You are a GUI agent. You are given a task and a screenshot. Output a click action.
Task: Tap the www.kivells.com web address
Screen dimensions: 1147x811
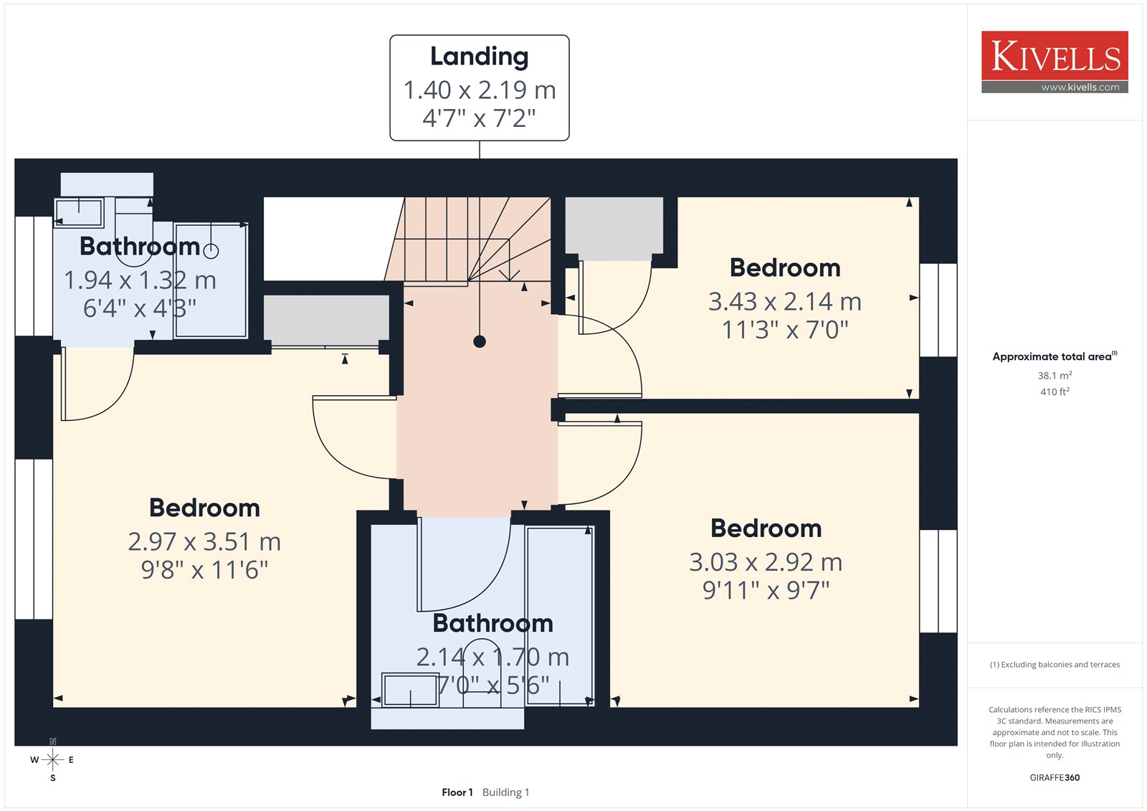click(x=1080, y=87)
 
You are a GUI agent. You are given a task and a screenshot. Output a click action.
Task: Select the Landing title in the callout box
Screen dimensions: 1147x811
click(x=480, y=57)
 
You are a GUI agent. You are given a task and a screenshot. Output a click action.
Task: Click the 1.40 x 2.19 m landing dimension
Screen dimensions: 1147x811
click(x=480, y=90)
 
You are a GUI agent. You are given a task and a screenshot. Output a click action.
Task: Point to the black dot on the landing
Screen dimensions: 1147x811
click(x=480, y=341)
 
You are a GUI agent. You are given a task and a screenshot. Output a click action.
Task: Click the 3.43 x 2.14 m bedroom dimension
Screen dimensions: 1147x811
click(x=784, y=301)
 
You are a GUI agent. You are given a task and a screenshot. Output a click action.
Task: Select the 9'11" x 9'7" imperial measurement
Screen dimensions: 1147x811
click(x=766, y=590)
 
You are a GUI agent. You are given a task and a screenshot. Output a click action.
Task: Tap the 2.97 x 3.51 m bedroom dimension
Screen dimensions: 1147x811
click(x=204, y=541)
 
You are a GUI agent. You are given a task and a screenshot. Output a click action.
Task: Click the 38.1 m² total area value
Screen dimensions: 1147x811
click(x=1055, y=375)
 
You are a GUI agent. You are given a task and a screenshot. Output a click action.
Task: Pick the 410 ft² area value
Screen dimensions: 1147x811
click(x=1055, y=392)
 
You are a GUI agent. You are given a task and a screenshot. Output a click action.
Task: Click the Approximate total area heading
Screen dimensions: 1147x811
click(x=1055, y=356)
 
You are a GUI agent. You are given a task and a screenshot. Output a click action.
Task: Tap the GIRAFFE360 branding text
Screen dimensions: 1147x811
click(x=1055, y=777)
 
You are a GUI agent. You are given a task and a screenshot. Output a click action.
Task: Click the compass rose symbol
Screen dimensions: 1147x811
click(x=52, y=760)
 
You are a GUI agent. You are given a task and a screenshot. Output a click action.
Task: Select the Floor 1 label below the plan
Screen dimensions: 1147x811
click(x=457, y=792)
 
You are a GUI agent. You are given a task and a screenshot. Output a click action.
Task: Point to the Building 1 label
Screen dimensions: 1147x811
click(x=505, y=792)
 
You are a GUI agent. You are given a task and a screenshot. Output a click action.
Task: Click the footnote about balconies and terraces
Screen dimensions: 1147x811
click(x=1055, y=665)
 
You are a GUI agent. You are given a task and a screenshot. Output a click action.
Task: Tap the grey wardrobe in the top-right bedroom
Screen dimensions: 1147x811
click(x=614, y=229)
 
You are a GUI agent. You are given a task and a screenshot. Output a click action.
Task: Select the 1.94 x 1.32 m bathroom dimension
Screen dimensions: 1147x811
click(x=140, y=280)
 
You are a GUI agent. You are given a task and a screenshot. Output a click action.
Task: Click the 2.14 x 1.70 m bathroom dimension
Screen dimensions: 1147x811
click(x=492, y=658)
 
